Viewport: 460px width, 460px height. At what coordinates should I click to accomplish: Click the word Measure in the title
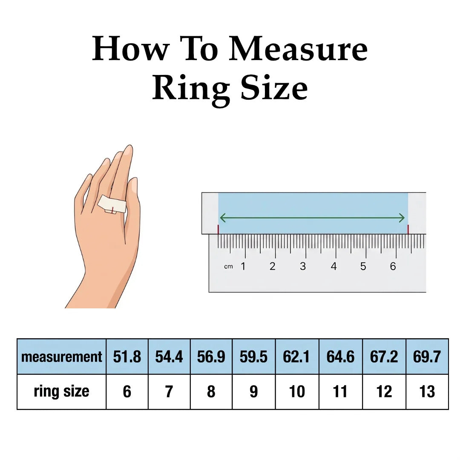coord(298,49)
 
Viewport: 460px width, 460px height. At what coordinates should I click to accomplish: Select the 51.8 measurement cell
coord(127,356)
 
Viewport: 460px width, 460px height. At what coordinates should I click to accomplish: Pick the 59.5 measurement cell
coord(253,356)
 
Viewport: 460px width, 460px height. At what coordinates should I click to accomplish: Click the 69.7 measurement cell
coord(427,356)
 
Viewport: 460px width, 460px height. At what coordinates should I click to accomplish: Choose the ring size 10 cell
coord(297,392)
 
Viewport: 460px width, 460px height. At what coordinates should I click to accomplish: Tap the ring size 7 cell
coord(169,392)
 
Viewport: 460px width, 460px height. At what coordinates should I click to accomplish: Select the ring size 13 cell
coord(427,392)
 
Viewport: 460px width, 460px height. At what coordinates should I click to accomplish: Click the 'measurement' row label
coord(62,357)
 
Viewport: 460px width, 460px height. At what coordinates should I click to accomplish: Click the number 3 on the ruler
coord(303,266)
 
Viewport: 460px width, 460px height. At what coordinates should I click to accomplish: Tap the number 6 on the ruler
coord(393,266)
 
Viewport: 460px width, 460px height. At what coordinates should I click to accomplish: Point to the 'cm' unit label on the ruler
coord(228,267)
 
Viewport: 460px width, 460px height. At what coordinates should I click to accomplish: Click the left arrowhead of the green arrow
coord(222,218)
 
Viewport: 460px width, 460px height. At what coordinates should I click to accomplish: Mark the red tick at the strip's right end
coord(408,230)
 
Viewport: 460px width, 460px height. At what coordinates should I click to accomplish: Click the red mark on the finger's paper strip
coord(112,210)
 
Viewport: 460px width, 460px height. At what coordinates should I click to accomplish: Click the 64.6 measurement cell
coord(341,356)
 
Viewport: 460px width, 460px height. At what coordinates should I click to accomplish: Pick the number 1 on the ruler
coord(243,266)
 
